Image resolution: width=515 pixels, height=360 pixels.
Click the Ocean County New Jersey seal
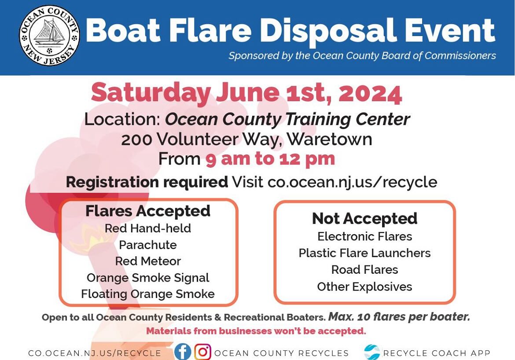pos(49,35)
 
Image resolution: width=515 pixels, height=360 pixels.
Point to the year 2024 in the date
pos(370,94)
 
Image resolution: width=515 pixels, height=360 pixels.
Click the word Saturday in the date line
pos(151,94)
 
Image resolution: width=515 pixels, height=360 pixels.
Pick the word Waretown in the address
pos(329,139)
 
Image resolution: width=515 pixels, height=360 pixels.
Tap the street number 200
pos(136,140)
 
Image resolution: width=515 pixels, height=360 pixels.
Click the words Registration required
pos(147,182)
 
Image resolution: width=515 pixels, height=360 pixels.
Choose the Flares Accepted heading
pos(148,211)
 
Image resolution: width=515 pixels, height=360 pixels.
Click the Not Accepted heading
pos(364,218)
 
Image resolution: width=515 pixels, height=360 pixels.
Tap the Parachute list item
pos(148,245)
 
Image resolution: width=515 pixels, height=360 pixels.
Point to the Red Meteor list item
pos(148,261)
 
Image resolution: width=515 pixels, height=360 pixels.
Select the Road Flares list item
pos(364,270)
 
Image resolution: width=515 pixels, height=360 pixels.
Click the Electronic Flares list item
pos(364,236)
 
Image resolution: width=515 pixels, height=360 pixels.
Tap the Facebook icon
pos(183,352)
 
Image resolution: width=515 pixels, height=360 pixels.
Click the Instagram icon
pos(203,352)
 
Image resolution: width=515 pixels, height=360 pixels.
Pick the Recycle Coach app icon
pos(372,352)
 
